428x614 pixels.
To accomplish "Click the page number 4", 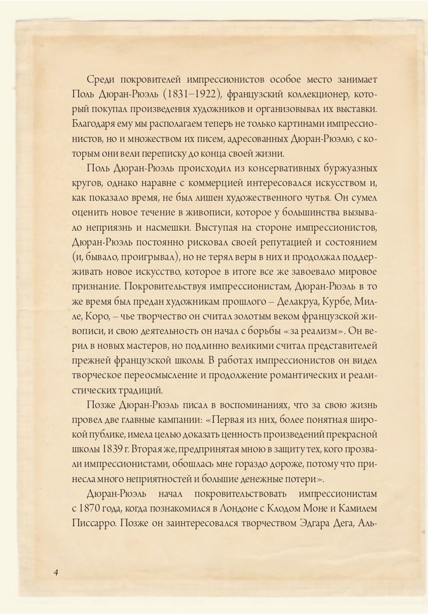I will pyautogui.click(x=56, y=572).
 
